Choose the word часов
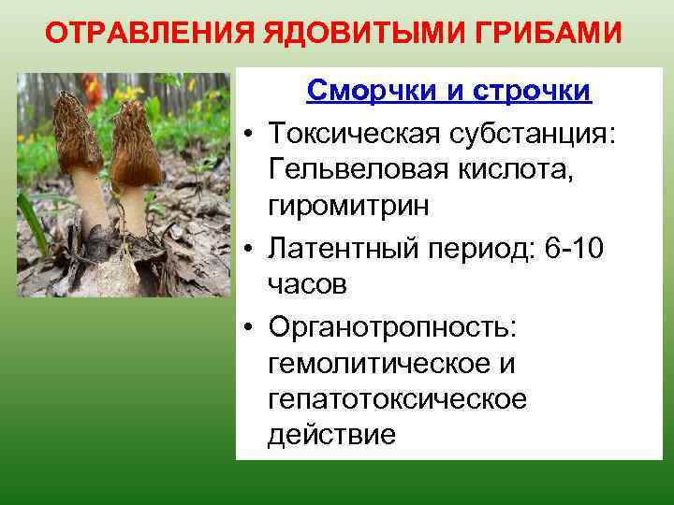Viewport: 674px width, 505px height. [307, 283]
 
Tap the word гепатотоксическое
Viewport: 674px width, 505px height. [397, 399]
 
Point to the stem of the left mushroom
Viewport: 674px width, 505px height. [91, 206]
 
